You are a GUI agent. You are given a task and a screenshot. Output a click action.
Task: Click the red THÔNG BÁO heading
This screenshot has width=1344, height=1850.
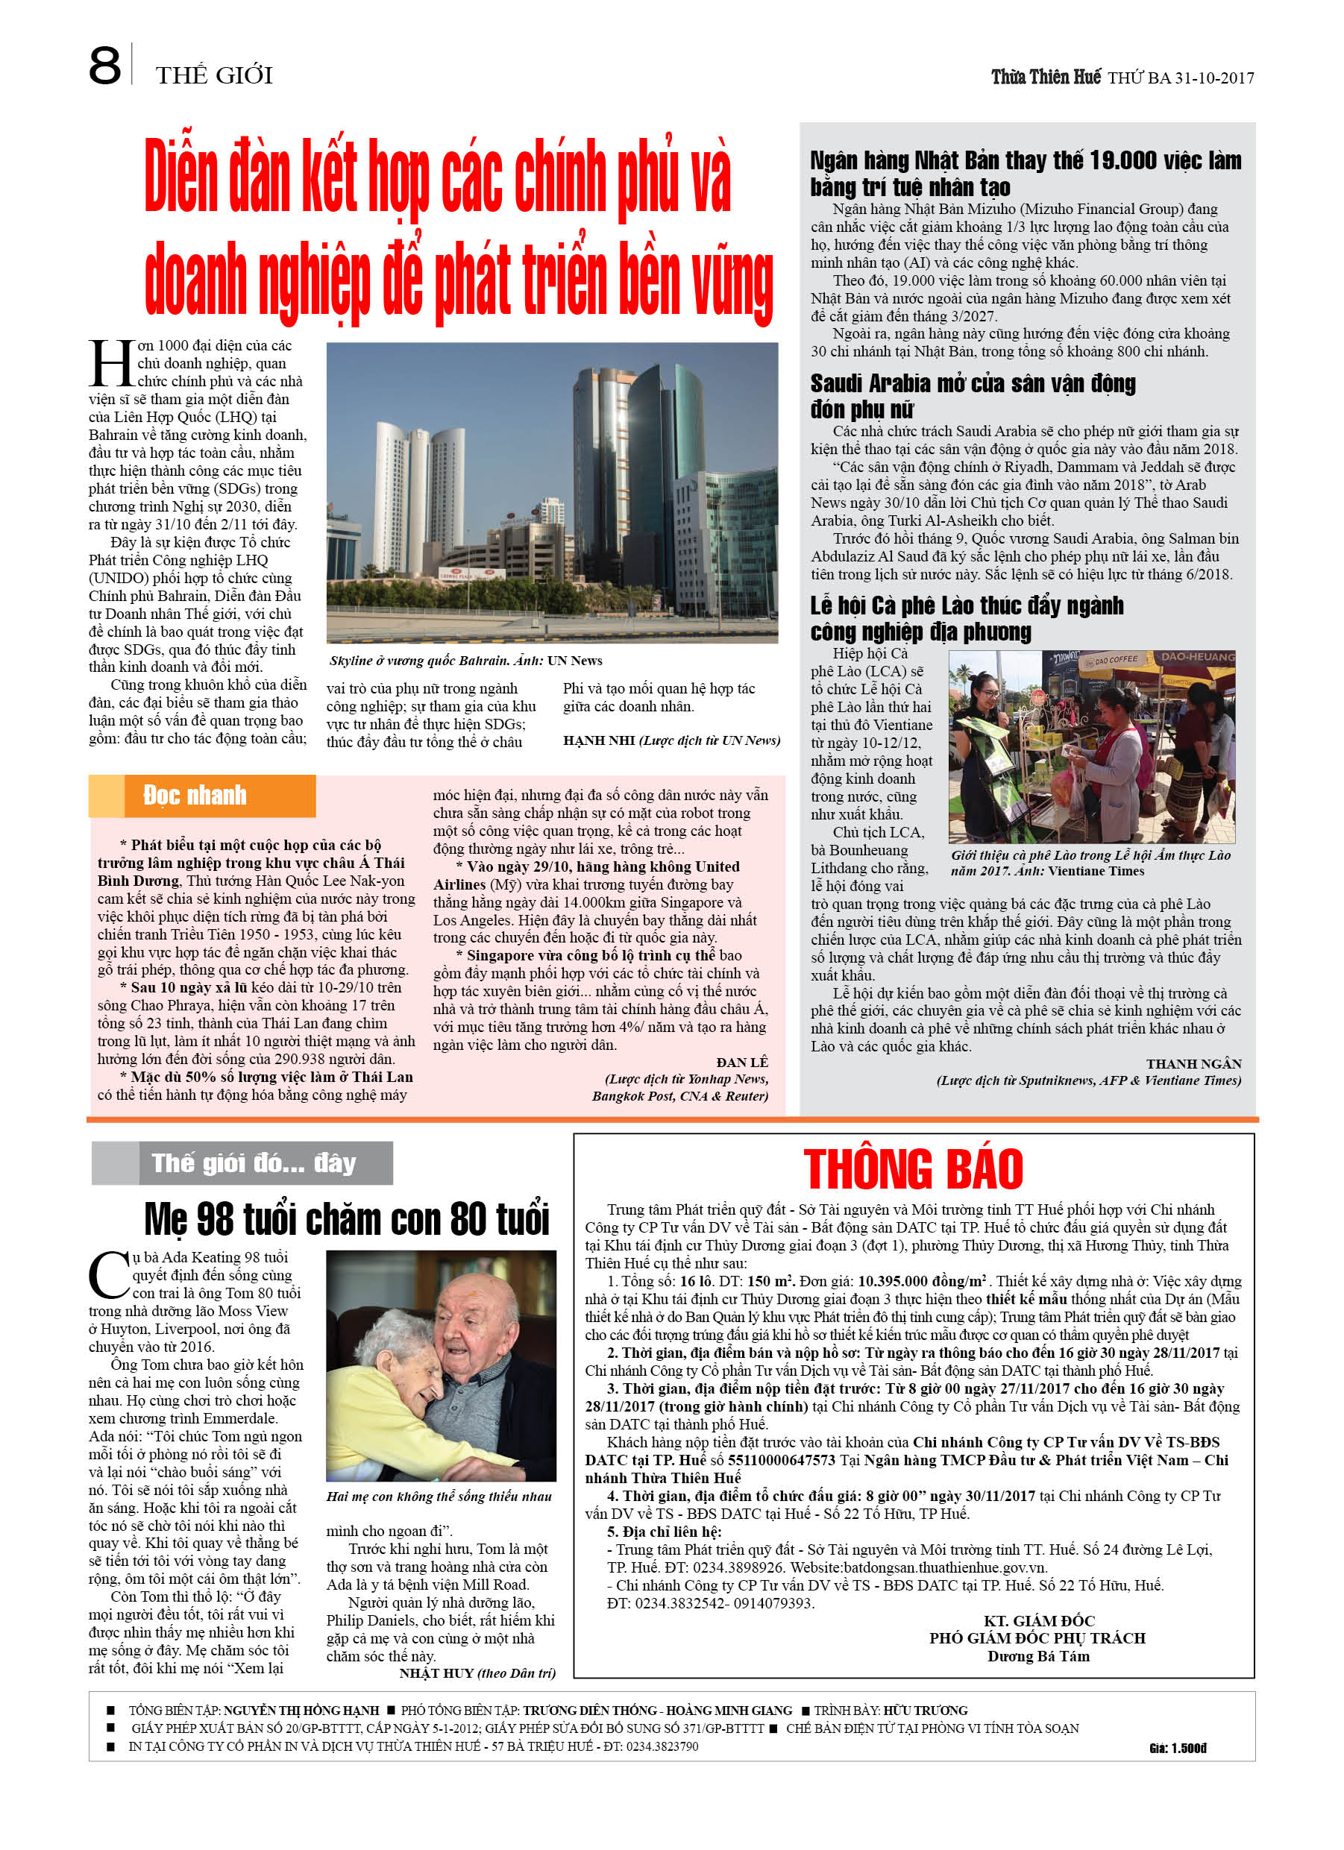(912, 1169)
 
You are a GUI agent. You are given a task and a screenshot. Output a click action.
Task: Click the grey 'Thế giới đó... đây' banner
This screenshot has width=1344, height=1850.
(254, 1163)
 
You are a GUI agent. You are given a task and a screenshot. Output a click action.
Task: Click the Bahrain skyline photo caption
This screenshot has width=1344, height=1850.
(466, 661)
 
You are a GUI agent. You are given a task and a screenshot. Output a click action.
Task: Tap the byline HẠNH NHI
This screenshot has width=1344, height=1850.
(599, 740)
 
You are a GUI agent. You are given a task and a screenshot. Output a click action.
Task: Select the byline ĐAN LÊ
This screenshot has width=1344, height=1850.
(742, 1062)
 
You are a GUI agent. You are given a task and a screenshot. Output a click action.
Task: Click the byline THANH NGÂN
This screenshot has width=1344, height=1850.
(1193, 1063)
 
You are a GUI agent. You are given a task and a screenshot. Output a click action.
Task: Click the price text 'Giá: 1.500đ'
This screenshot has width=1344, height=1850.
(1177, 1748)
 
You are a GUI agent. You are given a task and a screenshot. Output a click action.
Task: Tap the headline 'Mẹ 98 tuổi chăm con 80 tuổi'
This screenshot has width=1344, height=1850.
(347, 1219)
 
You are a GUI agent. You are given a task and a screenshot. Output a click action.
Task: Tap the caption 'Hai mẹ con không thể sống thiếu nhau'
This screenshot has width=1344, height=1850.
(439, 1496)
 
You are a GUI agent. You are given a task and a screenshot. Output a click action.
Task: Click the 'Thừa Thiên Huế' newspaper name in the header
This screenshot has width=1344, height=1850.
(1046, 78)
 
